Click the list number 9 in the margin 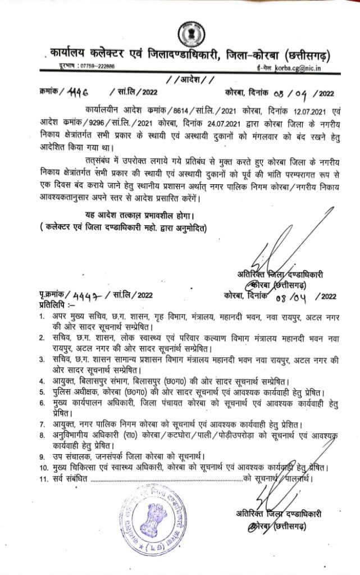tap(42, 455)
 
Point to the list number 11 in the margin tap(43, 478)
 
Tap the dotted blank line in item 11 tap(166, 479)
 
